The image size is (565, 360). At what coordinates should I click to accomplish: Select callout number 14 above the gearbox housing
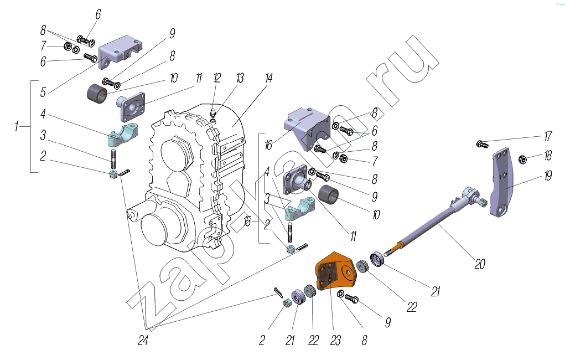tap(269, 78)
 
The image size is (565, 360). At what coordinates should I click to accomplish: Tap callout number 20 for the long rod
tap(480, 264)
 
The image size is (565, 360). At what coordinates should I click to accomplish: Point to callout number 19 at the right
tap(548, 176)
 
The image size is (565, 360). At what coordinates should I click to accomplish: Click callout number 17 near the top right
tap(548, 136)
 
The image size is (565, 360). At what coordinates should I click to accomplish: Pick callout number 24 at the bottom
tap(143, 340)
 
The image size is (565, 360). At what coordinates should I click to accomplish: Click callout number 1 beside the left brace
tap(16, 127)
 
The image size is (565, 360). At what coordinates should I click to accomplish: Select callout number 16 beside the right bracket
tap(268, 145)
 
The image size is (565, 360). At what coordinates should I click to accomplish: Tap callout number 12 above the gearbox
tap(217, 78)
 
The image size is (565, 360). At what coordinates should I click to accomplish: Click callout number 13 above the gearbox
tap(240, 78)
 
